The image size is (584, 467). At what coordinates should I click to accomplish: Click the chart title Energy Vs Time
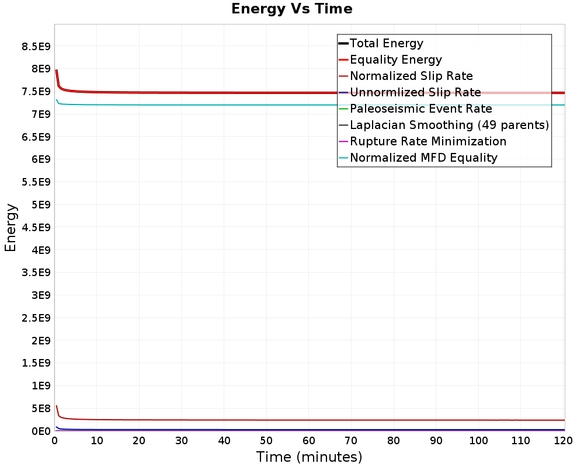tap(292, 9)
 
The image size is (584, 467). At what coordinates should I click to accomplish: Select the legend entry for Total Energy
tap(386, 43)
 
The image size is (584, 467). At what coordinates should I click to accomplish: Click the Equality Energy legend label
tap(395, 60)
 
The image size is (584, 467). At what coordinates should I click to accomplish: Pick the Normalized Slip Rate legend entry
tap(411, 76)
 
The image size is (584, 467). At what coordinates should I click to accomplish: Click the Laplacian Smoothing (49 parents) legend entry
tap(449, 125)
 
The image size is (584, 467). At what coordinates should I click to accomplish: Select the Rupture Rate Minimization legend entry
tap(427, 141)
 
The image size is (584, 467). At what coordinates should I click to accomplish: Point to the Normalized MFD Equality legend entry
tap(423, 158)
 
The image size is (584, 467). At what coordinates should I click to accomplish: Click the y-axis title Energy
tap(11, 227)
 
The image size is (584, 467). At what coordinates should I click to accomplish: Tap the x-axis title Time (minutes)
tap(309, 456)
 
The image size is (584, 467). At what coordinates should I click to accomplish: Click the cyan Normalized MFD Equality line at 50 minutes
tap(266, 105)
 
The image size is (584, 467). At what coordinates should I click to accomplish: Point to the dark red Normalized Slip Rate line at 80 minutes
tap(394, 420)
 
